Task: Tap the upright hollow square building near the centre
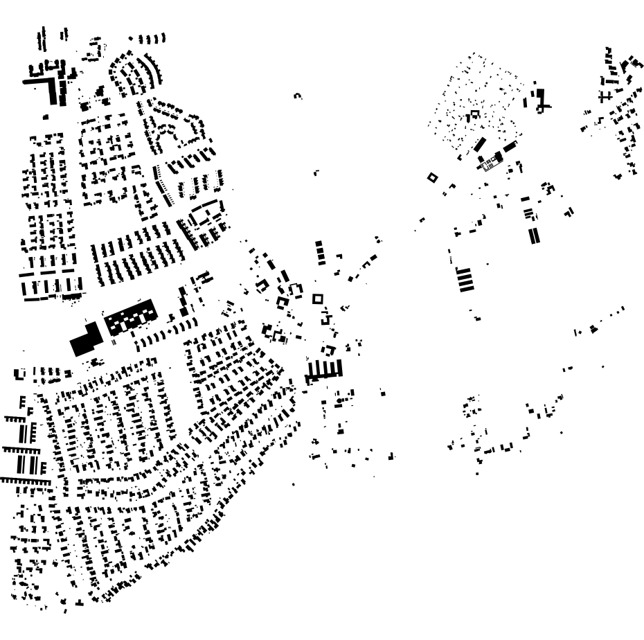(318, 299)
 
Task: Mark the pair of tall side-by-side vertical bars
(533, 235)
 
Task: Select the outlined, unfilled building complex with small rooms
(490, 163)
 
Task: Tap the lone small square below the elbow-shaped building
(46, 117)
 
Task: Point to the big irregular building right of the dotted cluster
(539, 99)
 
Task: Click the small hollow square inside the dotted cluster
(475, 114)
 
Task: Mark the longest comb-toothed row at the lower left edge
(24, 479)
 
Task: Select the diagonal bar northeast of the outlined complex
(510, 147)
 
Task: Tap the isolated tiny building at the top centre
(298, 96)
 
